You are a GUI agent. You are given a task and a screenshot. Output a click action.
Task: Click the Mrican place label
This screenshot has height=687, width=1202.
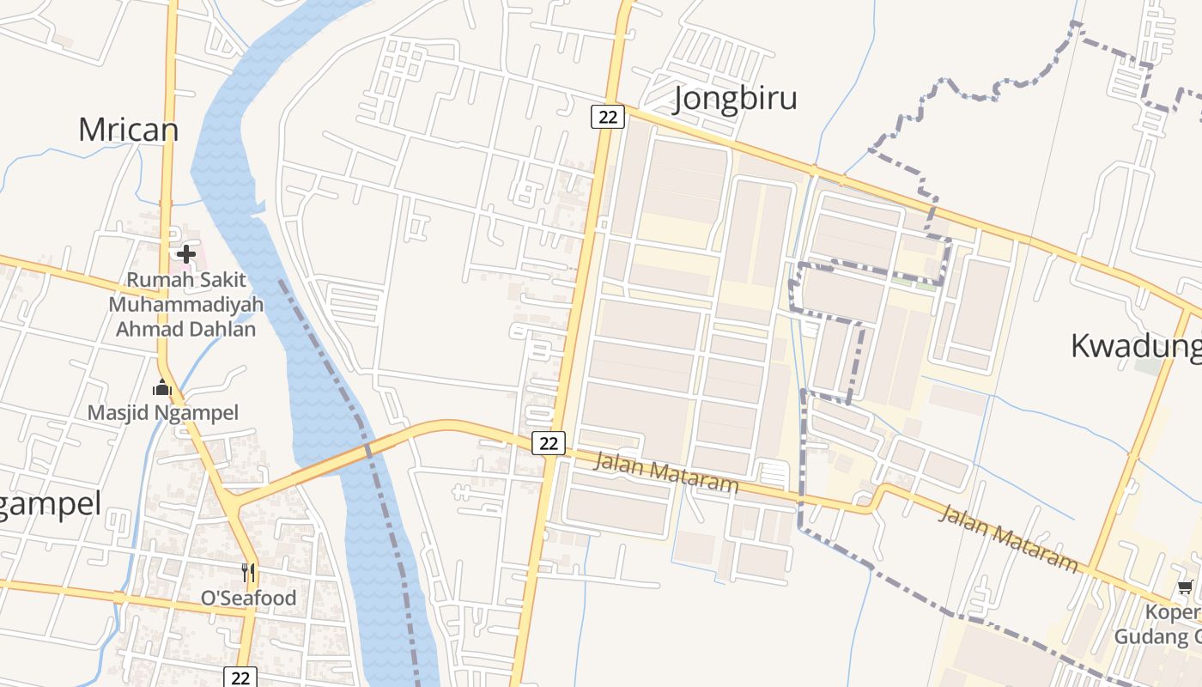click(129, 130)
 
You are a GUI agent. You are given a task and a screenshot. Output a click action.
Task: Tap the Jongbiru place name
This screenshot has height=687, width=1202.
click(735, 98)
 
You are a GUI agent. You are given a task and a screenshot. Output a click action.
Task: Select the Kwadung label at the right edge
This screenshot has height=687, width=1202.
click(1135, 346)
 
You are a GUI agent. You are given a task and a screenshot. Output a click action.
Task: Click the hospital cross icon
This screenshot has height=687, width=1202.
click(185, 253)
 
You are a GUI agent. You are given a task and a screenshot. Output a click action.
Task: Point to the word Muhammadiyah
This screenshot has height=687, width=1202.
click(185, 305)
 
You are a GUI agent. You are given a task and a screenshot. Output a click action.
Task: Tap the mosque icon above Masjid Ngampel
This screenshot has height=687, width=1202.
click(162, 388)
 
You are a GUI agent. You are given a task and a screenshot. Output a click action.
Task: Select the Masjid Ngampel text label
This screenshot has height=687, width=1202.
click(163, 412)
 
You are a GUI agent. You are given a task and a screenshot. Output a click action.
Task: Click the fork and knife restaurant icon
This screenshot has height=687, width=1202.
click(248, 573)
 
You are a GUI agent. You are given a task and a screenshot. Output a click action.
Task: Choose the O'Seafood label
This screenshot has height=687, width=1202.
click(248, 598)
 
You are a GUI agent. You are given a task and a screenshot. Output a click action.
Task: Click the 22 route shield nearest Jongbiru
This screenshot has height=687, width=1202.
click(607, 117)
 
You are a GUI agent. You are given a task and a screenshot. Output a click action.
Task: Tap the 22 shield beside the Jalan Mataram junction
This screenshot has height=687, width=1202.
click(549, 443)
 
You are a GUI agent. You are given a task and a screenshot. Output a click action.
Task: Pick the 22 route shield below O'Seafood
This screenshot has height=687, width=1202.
click(240, 678)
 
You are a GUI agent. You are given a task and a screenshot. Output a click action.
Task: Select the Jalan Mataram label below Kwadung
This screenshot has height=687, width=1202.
click(1009, 538)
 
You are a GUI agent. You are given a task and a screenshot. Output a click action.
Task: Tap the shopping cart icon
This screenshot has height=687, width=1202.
click(1185, 587)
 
